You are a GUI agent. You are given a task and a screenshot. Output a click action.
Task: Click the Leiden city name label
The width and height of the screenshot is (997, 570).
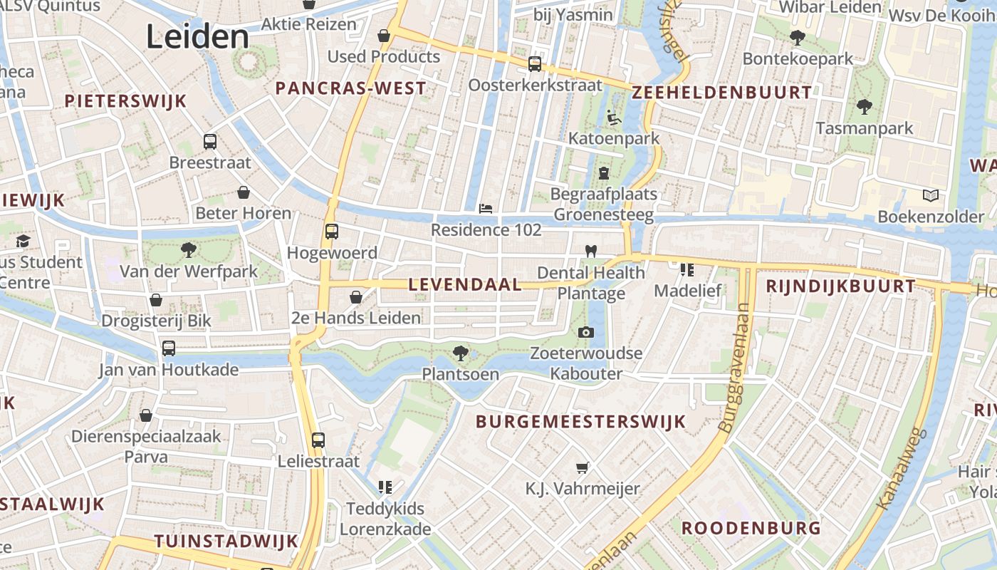pos(198,37)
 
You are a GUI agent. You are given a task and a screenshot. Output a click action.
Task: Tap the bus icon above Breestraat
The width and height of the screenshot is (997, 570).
pos(209,141)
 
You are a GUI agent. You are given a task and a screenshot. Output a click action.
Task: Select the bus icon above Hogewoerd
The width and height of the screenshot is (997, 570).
pos(331,231)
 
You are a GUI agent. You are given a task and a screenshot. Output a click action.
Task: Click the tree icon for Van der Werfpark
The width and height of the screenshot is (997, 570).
pos(189,249)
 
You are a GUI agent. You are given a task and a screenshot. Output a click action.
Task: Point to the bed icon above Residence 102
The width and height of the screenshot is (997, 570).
pos(486,209)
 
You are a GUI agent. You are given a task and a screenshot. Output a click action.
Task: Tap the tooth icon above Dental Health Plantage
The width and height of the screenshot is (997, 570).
pos(590,251)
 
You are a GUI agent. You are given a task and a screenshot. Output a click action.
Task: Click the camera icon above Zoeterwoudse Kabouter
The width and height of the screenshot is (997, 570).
pos(586,332)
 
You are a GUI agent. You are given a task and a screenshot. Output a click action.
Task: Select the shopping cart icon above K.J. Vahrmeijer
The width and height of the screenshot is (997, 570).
pos(583,467)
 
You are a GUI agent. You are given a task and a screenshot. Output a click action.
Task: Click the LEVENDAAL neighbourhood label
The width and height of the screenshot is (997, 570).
pos(465,284)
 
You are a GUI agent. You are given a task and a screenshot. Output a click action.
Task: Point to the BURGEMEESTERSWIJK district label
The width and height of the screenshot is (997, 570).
pos(580,421)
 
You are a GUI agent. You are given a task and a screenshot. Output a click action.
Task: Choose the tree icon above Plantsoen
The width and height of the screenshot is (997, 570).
pos(461,352)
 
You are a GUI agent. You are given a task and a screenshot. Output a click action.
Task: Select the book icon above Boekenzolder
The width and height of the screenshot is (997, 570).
pos(930,195)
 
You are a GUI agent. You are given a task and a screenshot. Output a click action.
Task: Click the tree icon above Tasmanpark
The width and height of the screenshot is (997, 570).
pos(865,107)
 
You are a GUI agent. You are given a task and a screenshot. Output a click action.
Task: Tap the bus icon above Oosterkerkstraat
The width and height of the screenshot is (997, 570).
pos(535,64)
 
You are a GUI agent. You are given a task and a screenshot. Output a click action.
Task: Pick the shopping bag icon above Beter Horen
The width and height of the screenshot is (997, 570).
pos(244,192)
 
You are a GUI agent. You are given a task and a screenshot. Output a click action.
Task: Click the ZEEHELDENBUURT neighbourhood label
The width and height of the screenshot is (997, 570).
pos(721,92)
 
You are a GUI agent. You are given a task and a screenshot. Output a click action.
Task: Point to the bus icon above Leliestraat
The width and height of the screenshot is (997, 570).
pos(318,440)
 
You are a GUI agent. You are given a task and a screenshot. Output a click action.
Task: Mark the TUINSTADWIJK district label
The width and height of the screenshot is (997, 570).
pos(226,541)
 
